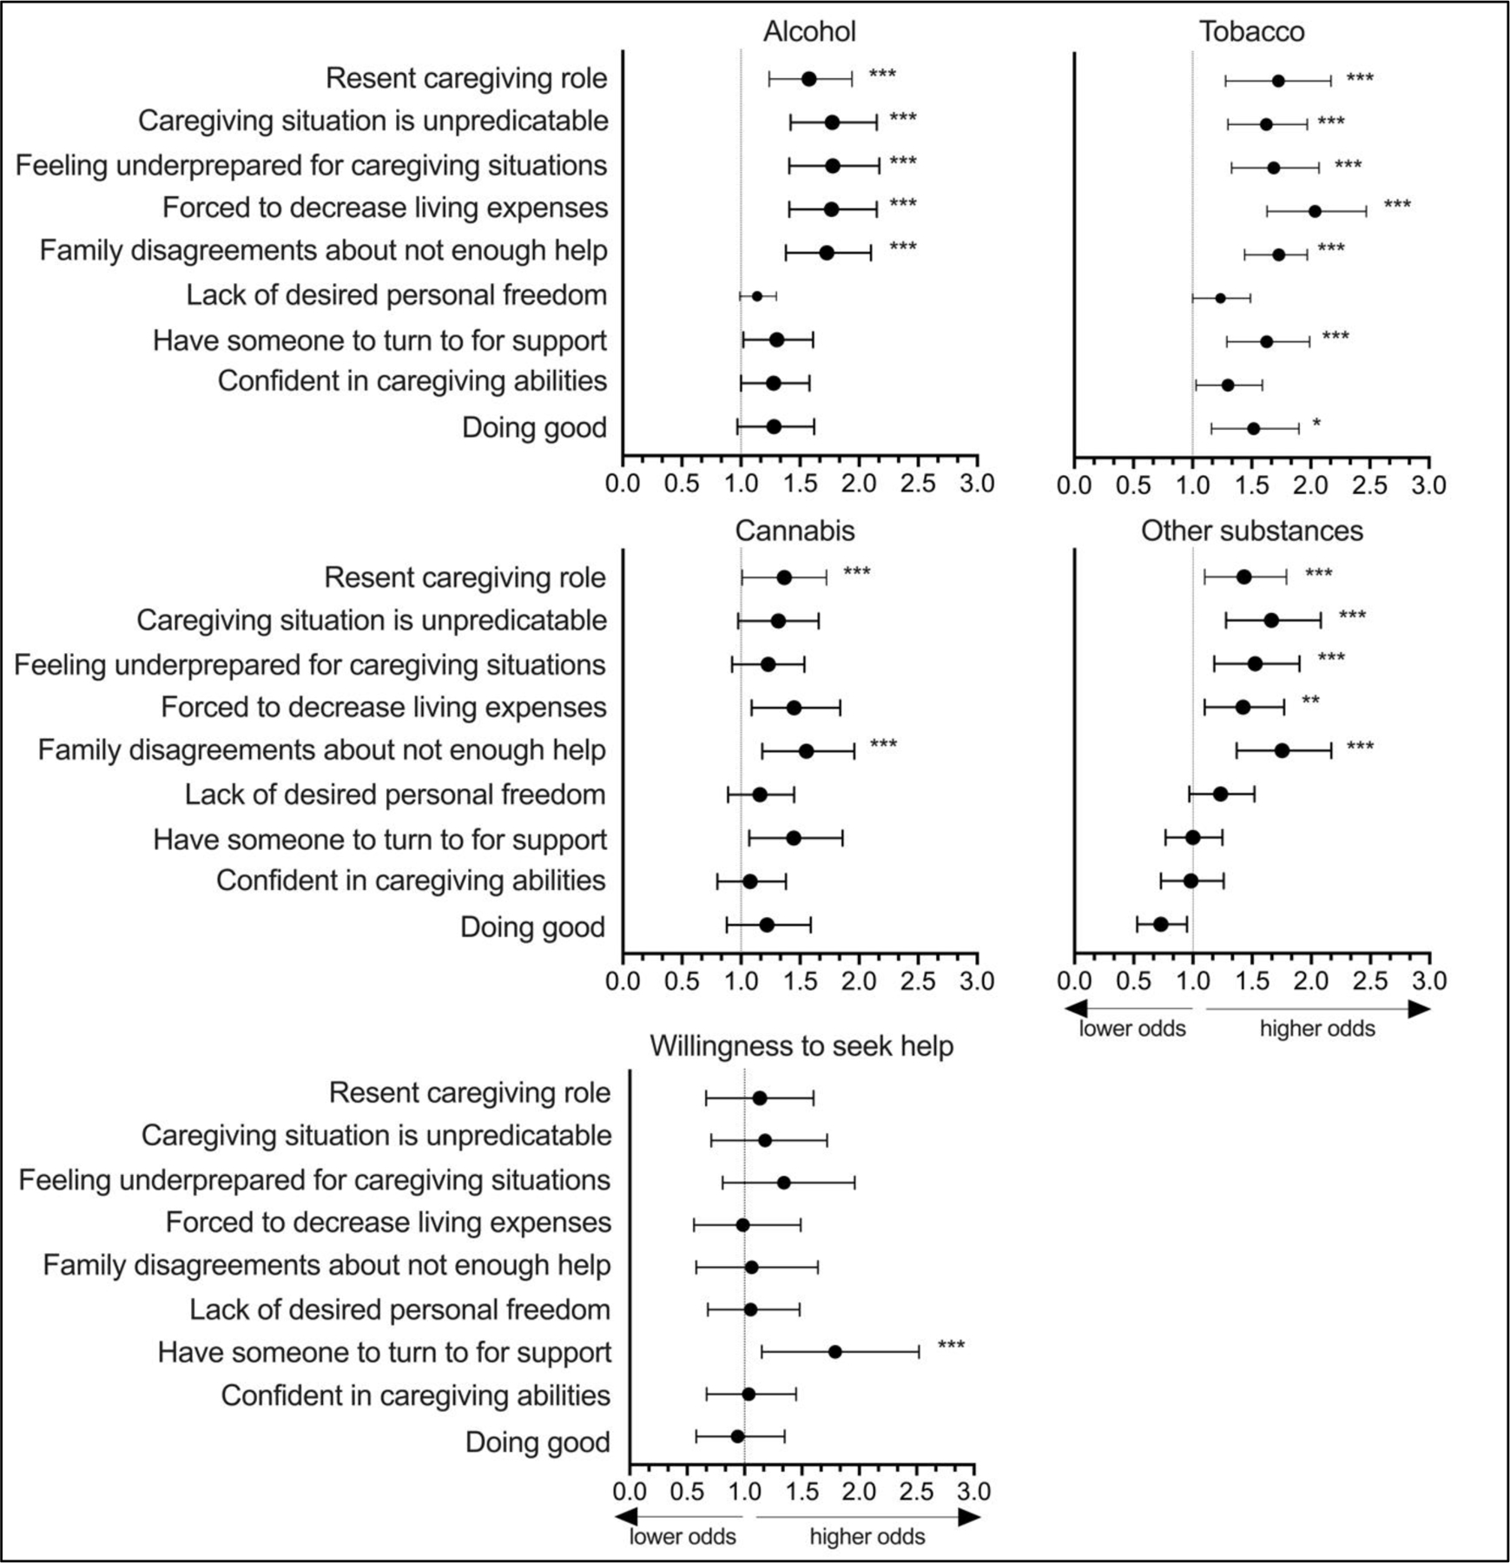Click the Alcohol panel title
[x=809, y=32]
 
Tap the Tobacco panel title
[x=1251, y=32]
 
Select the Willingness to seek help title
[x=801, y=1046]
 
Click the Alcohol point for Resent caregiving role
[x=808, y=79]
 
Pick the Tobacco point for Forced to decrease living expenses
[x=1315, y=211]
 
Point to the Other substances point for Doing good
[x=1161, y=924]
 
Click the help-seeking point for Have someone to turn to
[x=835, y=1352]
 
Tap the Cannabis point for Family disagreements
[x=806, y=751]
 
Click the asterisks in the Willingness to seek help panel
[x=951, y=1347]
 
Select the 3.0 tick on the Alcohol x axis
[x=977, y=485]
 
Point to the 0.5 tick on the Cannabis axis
[x=682, y=982]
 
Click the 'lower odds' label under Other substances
[x=1132, y=1029]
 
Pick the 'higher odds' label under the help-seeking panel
[x=867, y=1537]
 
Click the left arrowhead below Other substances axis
[x=1077, y=1009]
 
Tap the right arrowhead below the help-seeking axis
[x=970, y=1517]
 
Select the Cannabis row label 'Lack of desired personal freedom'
[x=395, y=795]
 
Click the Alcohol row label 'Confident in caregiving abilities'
[x=412, y=381]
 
